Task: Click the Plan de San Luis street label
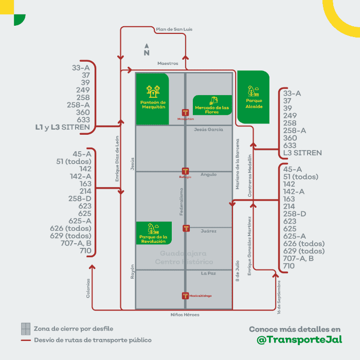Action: [174, 29]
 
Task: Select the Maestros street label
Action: [168, 63]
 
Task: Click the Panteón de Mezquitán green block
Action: [152, 99]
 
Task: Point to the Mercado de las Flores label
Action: [212, 109]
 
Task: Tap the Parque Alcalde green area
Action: [254, 97]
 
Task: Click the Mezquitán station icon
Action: [186, 113]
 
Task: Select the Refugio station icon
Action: [186, 171]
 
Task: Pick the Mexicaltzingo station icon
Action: [186, 295]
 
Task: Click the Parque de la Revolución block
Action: [153, 233]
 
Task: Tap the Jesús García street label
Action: [208, 130]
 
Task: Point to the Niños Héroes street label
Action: [185, 314]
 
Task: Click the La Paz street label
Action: [208, 273]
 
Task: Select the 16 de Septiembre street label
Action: [278, 297]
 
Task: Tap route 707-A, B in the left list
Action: [76, 243]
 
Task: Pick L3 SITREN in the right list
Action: [302, 153]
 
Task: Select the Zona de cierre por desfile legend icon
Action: [26, 328]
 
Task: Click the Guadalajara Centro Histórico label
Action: [184, 258]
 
